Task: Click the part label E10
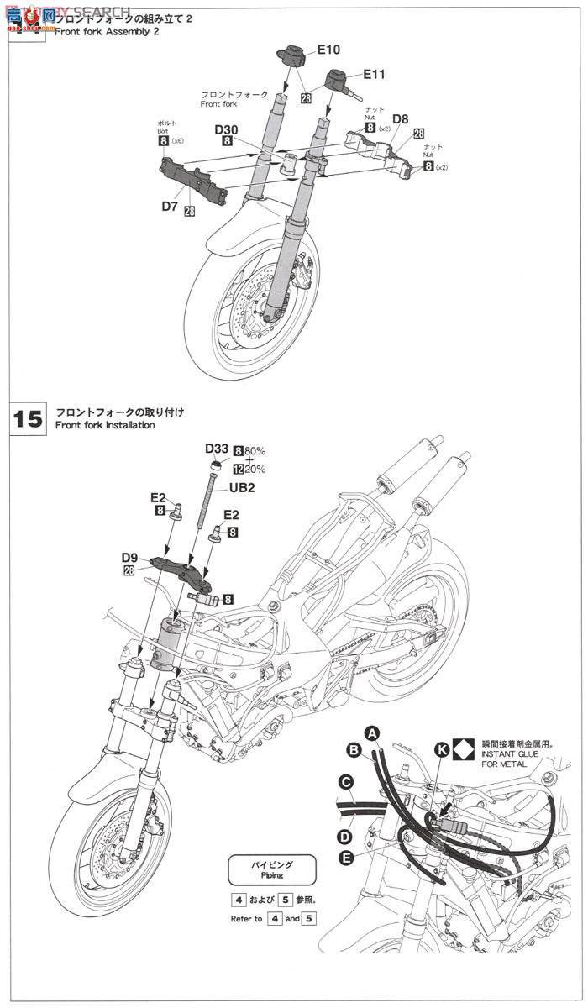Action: [x=328, y=50]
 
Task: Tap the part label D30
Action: [x=226, y=130]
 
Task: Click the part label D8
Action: [x=400, y=119]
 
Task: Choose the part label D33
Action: [x=216, y=449]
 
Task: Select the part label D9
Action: [x=129, y=557]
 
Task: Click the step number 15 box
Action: [x=29, y=418]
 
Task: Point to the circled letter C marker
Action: [x=344, y=782]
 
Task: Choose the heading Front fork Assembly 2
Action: [x=109, y=31]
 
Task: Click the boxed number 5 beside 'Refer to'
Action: [x=311, y=919]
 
